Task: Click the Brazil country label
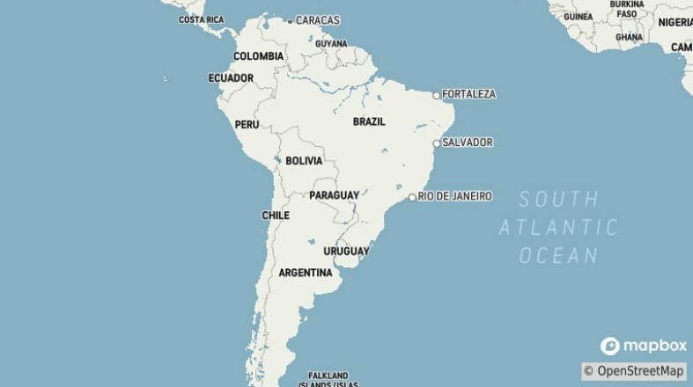[369, 121]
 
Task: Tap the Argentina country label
[305, 273]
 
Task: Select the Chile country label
[276, 215]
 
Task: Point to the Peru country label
[247, 125]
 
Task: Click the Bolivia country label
[304, 161]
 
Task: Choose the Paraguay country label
[334, 194]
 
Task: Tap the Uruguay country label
[346, 252]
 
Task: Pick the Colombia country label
[258, 56]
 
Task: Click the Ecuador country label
[231, 78]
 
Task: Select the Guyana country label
[331, 43]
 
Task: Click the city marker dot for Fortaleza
[436, 95]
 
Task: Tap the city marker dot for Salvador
[436, 142]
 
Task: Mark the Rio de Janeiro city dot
[412, 197]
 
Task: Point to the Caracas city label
[317, 20]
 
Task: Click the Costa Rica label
[202, 19]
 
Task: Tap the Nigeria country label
[675, 22]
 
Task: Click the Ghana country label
[629, 38]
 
